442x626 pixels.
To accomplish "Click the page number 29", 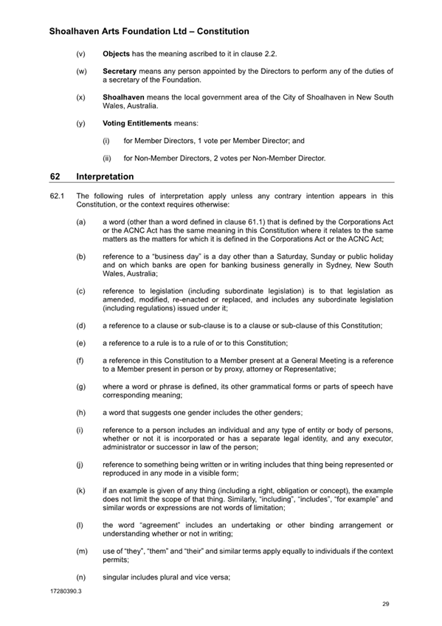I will (386, 604).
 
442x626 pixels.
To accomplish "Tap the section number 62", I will (55, 177).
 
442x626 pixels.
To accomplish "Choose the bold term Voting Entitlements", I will (137, 122).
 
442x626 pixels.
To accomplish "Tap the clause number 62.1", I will (58, 195).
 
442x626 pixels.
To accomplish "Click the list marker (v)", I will (80, 55).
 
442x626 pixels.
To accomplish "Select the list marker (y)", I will (80, 122).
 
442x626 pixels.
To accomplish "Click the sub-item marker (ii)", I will (106, 157).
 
